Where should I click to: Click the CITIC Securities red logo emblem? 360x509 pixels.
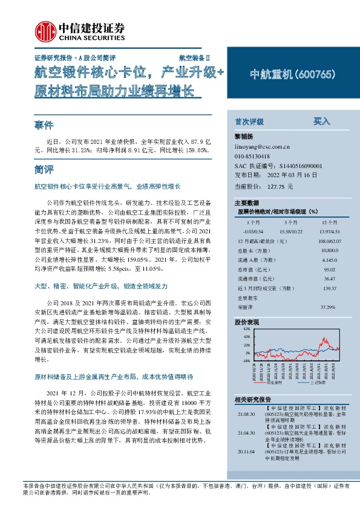tap(44, 30)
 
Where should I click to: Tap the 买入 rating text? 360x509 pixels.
tap(321, 121)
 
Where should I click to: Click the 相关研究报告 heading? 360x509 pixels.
tap(257, 400)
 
